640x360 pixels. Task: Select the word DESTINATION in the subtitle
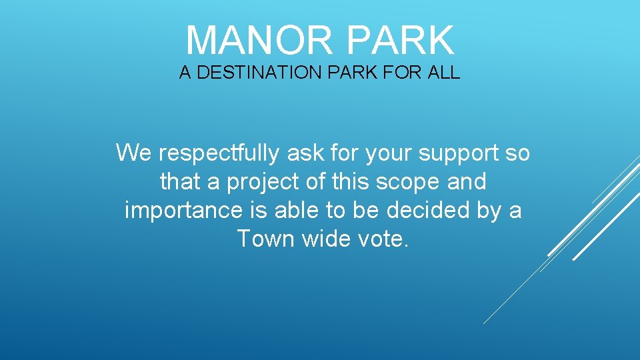coord(260,73)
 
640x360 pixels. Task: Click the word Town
coord(265,238)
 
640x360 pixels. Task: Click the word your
coord(387,154)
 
